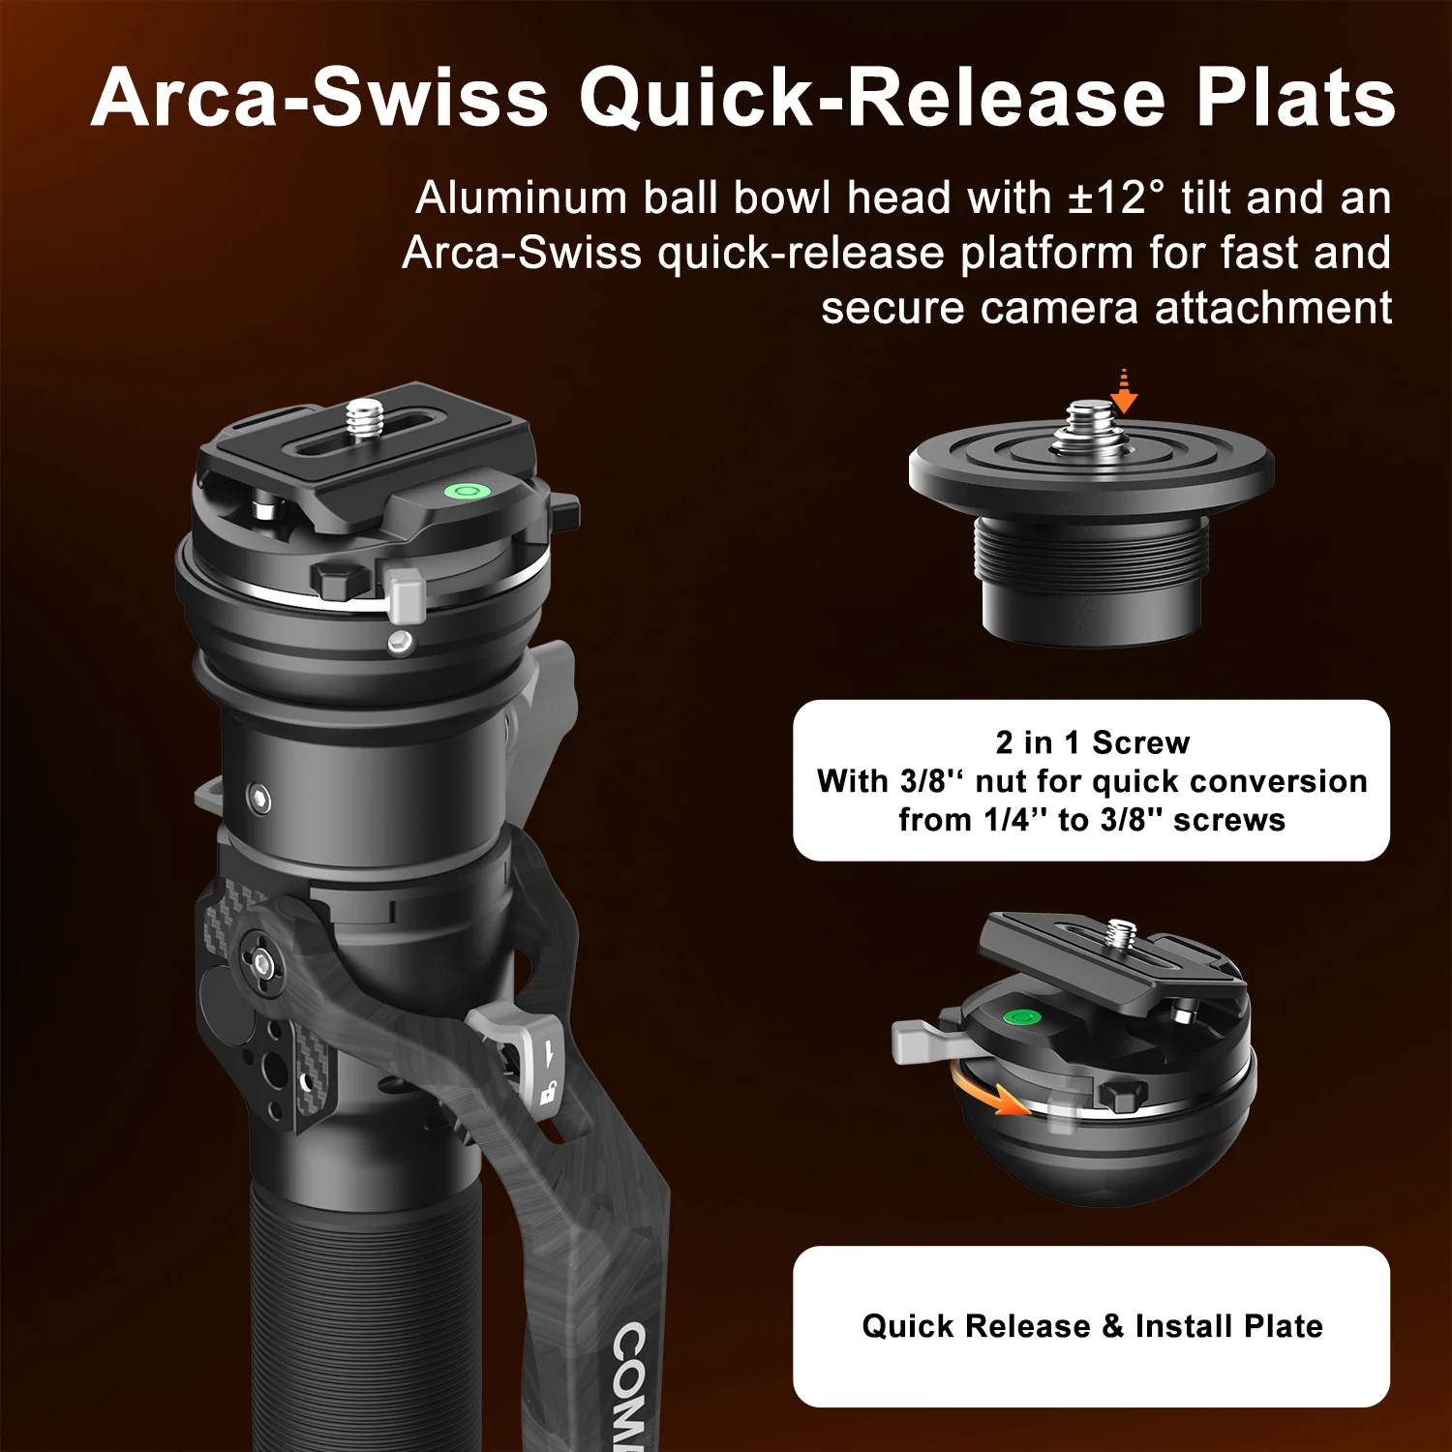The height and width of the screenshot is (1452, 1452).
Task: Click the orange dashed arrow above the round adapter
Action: pos(1123,391)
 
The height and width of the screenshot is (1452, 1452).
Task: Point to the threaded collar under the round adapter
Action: pos(1092,551)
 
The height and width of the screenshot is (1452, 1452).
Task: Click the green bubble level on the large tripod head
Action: pos(466,490)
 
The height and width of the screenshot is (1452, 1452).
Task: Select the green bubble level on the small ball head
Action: pos(1020,1017)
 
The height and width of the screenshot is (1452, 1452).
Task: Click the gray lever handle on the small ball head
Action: pos(920,1040)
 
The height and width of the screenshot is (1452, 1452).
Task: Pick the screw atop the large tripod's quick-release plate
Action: pos(364,418)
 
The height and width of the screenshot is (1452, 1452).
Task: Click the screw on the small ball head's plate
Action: pos(1122,933)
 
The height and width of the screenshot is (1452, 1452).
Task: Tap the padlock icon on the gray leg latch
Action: pos(547,1094)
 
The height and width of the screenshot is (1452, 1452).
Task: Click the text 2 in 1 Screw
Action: pos(1092,742)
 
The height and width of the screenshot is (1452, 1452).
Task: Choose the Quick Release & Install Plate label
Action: pos(1092,1326)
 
